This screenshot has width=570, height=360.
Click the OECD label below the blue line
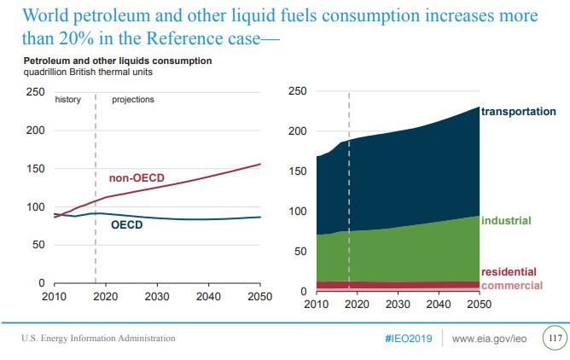point(127,225)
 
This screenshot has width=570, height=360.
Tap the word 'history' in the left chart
point(68,100)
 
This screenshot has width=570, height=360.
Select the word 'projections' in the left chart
point(133,100)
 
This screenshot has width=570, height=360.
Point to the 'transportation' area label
point(519,112)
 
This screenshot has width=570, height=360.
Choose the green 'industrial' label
point(507,221)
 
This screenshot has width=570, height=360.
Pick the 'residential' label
point(509,271)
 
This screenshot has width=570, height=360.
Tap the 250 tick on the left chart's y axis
point(36,92)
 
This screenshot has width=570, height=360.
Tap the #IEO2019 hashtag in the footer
point(408,339)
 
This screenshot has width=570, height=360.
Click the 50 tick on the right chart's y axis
point(298,252)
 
